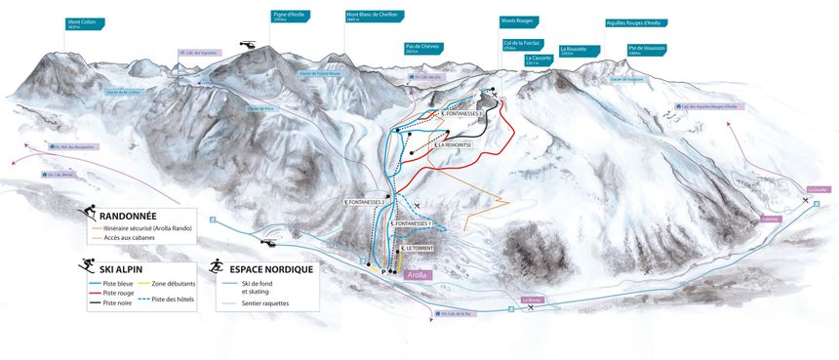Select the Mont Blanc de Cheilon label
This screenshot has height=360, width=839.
click(x=371, y=17)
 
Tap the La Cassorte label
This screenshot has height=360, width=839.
click(x=539, y=60)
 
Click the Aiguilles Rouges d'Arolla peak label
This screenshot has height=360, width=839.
click(x=636, y=22)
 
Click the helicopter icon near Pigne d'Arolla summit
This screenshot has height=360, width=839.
click(x=248, y=45)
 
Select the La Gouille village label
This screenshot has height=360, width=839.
click(x=817, y=188)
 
